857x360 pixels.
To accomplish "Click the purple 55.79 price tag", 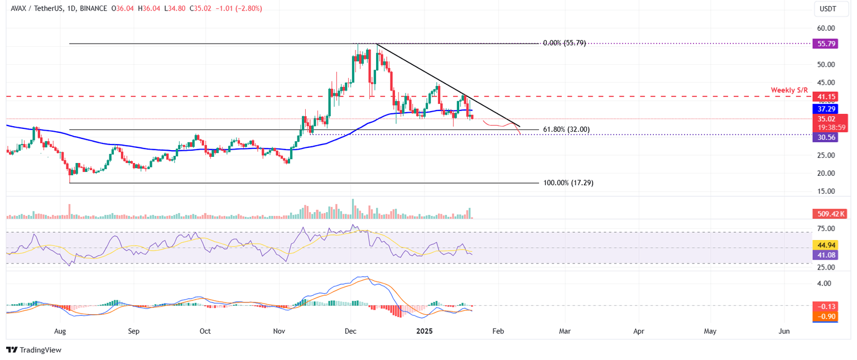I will pyautogui.click(x=826, y=43).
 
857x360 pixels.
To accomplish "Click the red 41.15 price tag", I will pyautogui.click(x=826, y=97).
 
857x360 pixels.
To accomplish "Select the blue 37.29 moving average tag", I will pyautogui.click(x=826, y=109).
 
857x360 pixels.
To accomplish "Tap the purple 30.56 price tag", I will pyautogui.click(x=826, y=137).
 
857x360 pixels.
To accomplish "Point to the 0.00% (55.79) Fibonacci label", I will pyautogui.click(x=564, y=43).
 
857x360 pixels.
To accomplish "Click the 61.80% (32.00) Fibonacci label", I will pyautogui.click(x=566, y=129).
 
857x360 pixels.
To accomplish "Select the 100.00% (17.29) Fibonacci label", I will pyautogui.click(x=567, y=183).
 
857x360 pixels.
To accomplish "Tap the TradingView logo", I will pyautogui.click(x=33, y=350).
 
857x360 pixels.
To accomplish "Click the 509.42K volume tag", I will pyautogui.click(x=828, y=213).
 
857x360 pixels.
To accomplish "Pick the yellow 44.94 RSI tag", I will pyautogui.click(x=826, y=245).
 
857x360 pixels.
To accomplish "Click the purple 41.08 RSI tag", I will pyautogui.click(x=826, y=255).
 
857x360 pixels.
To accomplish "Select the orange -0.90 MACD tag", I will pyautogui.click(x=826, y=316).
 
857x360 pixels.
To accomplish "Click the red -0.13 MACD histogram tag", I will pyautogui.click(x=826, y=306).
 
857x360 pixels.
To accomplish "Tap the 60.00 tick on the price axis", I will pyautogui.click(x=826, y=28).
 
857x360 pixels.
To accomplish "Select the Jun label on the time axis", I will pyautogui.click(x=784, y=331).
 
